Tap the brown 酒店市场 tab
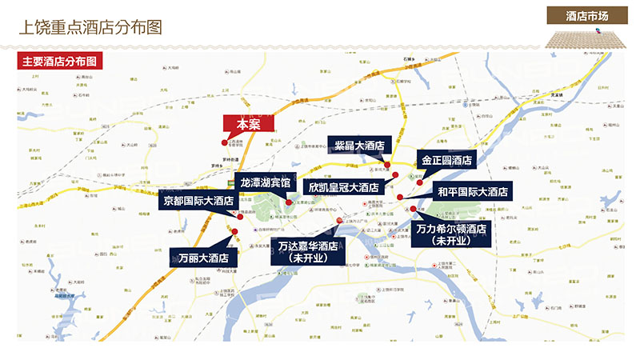tap(586, 16)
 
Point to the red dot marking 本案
tap(224, 142)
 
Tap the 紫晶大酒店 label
tap(358, 146)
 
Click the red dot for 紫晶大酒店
tap(386, 165)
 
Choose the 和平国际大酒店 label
tap(472, 191)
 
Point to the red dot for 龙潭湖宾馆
tap(289, 202)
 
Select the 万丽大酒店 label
tap(199, 258)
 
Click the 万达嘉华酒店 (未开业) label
tap(308, 251)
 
